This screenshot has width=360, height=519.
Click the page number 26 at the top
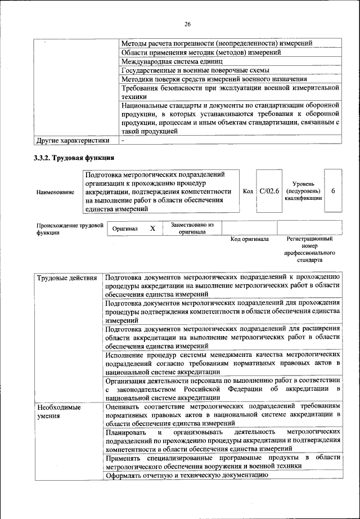[x=187, y=24]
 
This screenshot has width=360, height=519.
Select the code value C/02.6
[x=269, y=191]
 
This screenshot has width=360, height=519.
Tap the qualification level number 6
[x=333, y=191]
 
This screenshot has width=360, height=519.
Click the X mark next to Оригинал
[x=152, y=229]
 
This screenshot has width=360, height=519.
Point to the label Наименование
[x=55, y=193]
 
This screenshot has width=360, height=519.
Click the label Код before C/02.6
[x=247, y=191]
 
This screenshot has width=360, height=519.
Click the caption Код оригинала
[x=250, y=239]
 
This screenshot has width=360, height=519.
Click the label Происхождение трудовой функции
[x=70, y=229]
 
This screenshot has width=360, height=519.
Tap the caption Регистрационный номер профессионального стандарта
[x=309, y=250]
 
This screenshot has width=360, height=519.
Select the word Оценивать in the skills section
[x=122, y=406]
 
